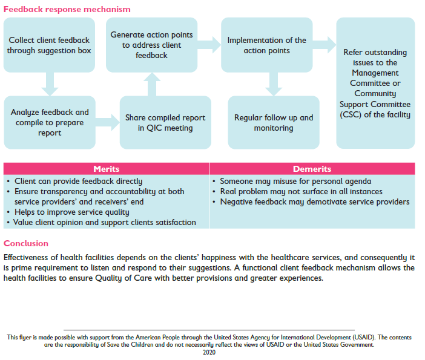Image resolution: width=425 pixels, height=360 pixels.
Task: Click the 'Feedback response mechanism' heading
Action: [67, 9]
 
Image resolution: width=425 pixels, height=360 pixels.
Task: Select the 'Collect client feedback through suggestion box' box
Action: [49, 45]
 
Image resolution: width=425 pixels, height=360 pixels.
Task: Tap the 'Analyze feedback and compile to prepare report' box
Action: [50, 122]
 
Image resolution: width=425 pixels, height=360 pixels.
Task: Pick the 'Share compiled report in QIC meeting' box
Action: [165, 122]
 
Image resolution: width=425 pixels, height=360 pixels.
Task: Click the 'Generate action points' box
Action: [151, 45]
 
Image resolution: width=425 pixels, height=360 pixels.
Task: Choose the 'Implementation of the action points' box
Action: [267, 45]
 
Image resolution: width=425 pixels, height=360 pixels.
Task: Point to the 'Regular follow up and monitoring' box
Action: [274, 122]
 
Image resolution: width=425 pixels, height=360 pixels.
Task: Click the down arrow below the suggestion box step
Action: [50, 84]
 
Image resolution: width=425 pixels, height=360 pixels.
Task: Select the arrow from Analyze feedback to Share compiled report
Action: [108, 122]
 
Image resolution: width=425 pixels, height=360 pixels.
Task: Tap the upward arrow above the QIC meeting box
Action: [152, 84]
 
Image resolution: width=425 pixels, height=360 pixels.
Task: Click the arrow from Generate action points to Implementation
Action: [209, 45]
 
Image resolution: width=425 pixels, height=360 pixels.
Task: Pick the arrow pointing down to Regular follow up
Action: [274, 84]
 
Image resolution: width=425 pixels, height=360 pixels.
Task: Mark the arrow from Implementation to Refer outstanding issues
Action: [325, 45]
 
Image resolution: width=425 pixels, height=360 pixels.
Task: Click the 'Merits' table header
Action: [107, 169]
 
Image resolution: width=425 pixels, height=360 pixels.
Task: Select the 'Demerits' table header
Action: [312, 169]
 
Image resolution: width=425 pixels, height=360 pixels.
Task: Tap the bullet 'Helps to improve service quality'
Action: [72, 212]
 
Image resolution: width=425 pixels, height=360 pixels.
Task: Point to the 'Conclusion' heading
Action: [26, 243]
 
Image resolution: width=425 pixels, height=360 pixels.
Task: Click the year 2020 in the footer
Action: [209, 352]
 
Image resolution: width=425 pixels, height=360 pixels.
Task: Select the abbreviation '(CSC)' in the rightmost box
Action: [351, 114]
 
